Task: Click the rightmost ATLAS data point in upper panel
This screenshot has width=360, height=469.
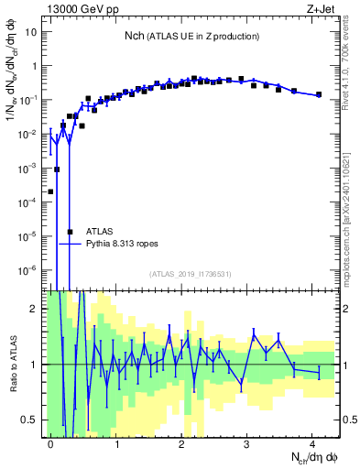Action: (319, 94)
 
